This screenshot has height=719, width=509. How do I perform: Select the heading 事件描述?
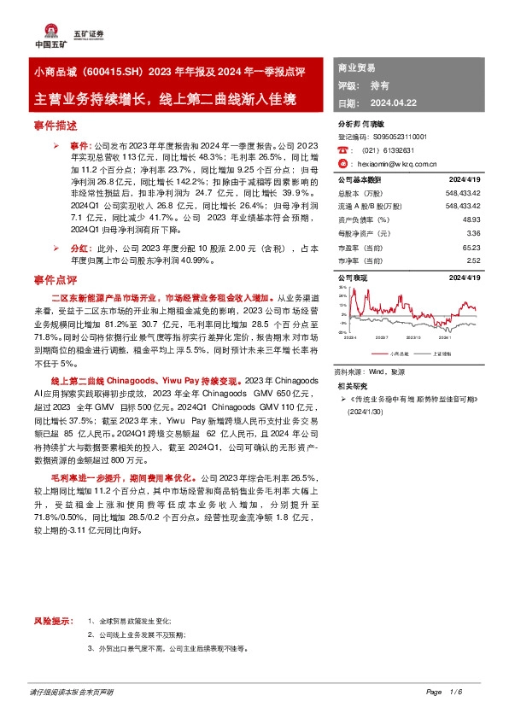point(56,126)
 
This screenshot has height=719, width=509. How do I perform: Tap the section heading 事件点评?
point(56,279)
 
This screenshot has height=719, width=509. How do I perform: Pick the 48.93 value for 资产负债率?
point(473,219)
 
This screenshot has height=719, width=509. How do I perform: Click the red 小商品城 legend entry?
point(396,352)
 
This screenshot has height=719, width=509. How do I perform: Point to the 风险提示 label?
point(49,621)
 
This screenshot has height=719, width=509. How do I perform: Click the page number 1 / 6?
point(453,691)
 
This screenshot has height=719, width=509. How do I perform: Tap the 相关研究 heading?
point(352,386)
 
